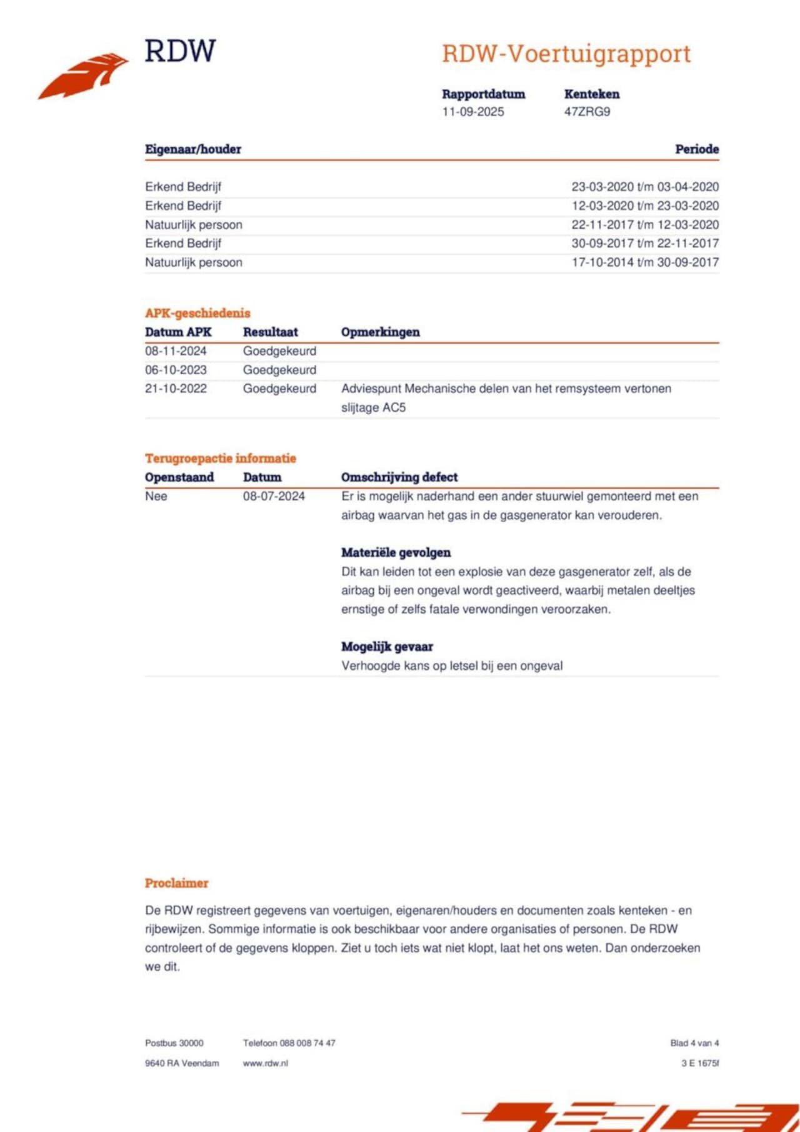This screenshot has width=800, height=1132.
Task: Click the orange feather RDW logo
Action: coord(84,76)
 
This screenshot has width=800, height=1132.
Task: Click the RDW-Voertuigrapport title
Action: coord(566,54)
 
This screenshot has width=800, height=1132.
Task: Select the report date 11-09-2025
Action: coord(472,112)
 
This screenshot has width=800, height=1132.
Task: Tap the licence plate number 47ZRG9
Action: coord(587,112)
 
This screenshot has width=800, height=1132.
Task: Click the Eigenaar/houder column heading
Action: coord(193,149)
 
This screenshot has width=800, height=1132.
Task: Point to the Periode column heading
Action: coord(696,149)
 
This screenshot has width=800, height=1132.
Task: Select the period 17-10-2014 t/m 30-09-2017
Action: coord(645,262)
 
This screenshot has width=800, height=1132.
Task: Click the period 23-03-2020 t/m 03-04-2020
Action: coord(645,187)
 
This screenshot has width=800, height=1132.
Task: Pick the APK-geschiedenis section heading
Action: coord(197,313)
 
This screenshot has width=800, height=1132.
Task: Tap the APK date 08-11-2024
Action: coord(176,351)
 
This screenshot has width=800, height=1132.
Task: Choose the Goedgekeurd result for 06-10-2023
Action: coord(279,370)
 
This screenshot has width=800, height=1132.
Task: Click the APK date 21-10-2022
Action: coord(176,389)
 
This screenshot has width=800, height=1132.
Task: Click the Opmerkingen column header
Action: coord(380,332)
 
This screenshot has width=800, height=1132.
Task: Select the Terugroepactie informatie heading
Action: coord(220,458)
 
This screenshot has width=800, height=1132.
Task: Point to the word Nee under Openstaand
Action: coord(156,496)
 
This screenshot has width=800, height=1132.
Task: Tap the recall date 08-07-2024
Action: coord(274,496)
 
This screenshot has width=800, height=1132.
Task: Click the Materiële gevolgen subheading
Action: coord(396,552)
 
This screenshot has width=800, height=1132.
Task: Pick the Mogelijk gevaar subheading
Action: coord(387,647)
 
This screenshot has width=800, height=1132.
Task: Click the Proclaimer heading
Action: coord(176,883)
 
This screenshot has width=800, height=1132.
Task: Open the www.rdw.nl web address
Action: coord(265,1063)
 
